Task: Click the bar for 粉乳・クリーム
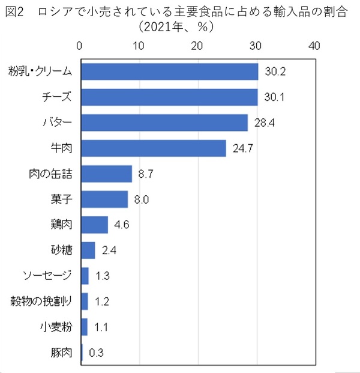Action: click(169, 71)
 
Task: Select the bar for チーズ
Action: click(169, 97)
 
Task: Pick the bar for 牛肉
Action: click(153, 148)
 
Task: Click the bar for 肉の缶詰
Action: click(106, 174)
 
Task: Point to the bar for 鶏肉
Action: click(94, 225)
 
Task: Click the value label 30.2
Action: click(275, 72)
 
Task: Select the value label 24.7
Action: click(242, 148)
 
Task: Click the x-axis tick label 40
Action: click(314, 46)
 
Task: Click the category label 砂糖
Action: click(61, 250)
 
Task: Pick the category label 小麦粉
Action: click(56, 327)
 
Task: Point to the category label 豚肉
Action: click(61, 353)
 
